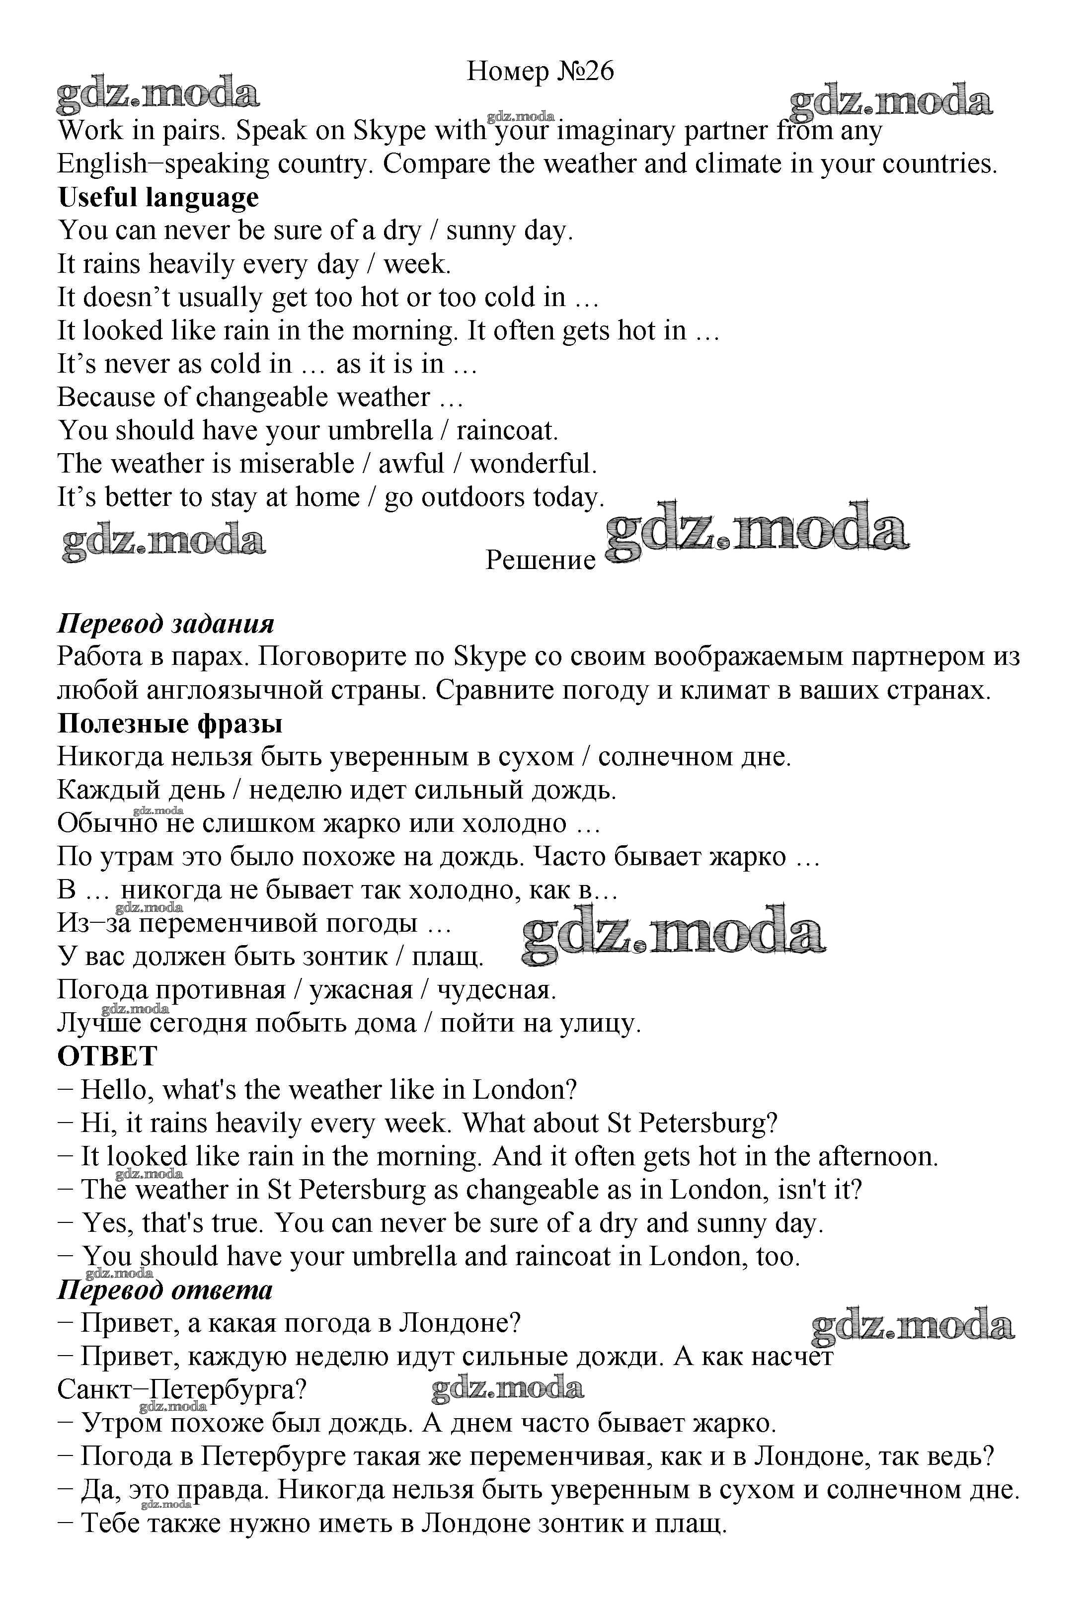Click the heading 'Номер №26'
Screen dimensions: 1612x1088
[540, 72]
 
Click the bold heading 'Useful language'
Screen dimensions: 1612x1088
[158, 198]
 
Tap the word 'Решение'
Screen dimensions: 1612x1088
[540, 560]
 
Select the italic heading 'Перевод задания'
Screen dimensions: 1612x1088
[166, 624]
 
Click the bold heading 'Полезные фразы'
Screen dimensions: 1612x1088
[170, 724]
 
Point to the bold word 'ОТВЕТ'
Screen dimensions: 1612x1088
[107, 1056]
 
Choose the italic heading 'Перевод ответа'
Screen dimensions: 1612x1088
[165, 1290]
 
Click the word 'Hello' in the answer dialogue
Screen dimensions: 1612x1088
[114, 1090]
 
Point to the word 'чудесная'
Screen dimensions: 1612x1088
[496, 990]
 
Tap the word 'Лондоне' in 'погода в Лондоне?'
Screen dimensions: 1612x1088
[459, 1323]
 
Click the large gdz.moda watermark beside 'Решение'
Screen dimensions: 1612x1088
[756, 534]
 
